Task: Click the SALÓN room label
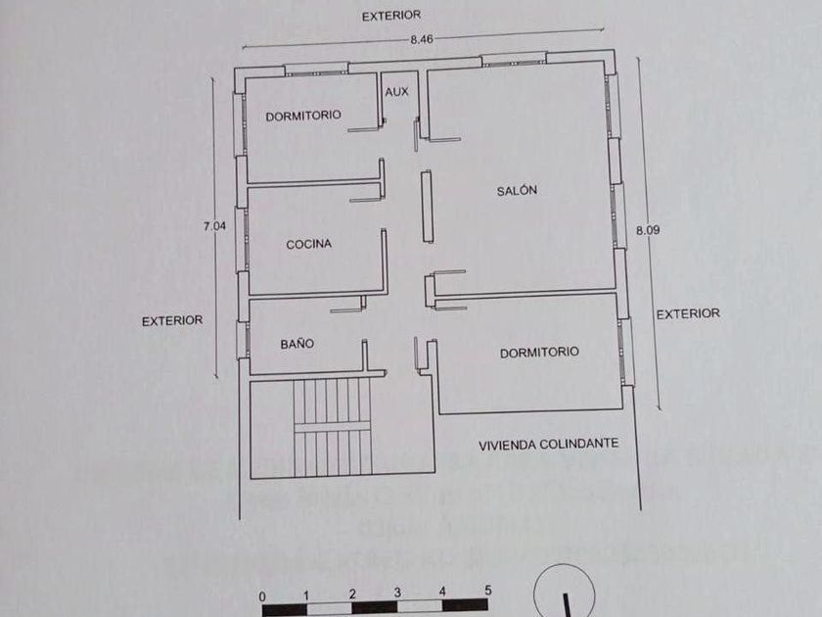[517, 191]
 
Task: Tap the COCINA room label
[308, 244]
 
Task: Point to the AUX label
[396, 91]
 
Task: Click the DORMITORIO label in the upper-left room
[303, 116]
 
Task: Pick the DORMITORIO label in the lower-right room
[539, 352]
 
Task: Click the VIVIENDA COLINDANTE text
[548, 444]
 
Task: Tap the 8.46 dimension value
[422, 39]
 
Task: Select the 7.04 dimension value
[214, 226]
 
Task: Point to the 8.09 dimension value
[647, 230]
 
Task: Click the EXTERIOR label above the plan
[390, 15]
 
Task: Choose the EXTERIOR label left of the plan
[172, 320]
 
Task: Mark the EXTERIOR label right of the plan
[688, 314]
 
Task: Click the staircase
[335, 428]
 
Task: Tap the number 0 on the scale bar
[262, 594]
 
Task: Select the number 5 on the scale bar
[487, 592]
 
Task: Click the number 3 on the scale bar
[397, 593]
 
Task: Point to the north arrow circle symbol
[565, 594]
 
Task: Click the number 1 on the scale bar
[307, 593]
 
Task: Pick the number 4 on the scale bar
[442, 593]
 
